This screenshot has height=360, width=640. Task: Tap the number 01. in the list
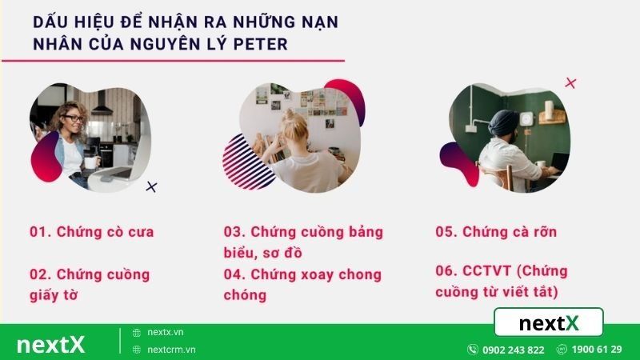tap(41, 232)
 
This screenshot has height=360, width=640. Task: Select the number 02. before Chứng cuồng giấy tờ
tap(41, 274)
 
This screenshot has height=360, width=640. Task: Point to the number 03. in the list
tap(234, 232)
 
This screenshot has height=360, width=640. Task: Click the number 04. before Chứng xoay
tap(234, 274)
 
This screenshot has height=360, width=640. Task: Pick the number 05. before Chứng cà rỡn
tap(446, 232)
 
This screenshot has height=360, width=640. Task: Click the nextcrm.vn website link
tap(171, 350)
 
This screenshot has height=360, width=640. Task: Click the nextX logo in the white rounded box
tap(548, 323)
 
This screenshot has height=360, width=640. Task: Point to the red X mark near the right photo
tap(570, 82)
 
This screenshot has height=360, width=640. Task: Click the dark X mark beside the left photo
tap(152, 187)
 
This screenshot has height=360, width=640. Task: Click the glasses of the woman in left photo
tap(72, 119)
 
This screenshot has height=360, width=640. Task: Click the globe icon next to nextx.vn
tap(137, 332)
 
